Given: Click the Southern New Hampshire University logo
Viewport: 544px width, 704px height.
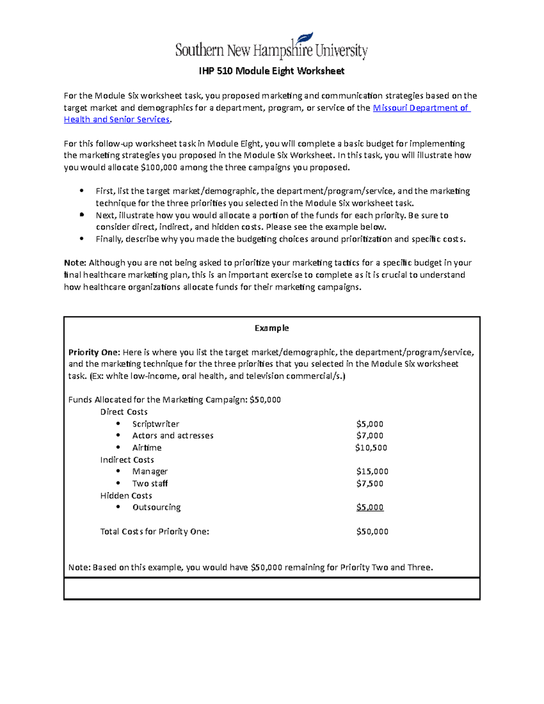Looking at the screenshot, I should pyautogui.click(x=271, y=47).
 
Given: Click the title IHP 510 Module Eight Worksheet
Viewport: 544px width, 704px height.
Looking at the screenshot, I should pyautogui.click(x=272, y=71).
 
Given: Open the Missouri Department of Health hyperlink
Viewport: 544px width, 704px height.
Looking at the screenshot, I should pyautogui.click(x=421, y=108).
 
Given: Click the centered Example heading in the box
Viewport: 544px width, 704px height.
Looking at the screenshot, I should pyautogui.click(x=272, y=328).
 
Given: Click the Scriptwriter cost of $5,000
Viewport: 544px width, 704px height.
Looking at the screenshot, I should pyautogui.click(x=369, y=424).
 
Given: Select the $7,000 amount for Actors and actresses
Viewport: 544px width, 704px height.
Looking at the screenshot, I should pyautogui.click(x=369, y=436).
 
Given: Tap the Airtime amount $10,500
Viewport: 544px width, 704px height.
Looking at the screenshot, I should pyautogui.click(x=371, y=448).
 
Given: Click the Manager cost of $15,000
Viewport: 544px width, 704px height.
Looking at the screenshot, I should pyautogui.click(x=372, y=471).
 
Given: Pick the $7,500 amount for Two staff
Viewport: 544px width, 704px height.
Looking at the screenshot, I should pyautogui.click(x=369, y=484).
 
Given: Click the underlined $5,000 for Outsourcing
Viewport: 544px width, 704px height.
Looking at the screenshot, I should pyautogui.click(x=369, y=507).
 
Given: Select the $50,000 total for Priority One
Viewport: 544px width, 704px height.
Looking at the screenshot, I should pyautogui.click(x=372, y=532).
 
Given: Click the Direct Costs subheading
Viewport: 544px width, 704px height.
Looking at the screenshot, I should pyautogui.click(x=124, y=412).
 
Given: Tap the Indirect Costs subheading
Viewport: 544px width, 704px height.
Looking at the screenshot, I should pyautogui.click(x=127, y=460).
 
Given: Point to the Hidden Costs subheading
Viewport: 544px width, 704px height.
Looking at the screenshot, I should pyautogui.click(x=126, y=495).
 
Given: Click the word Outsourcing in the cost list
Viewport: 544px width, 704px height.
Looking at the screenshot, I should pyautogui.click(x=156, y=507).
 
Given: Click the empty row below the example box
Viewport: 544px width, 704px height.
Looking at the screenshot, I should pyautogui.click(x=272, y=589).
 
